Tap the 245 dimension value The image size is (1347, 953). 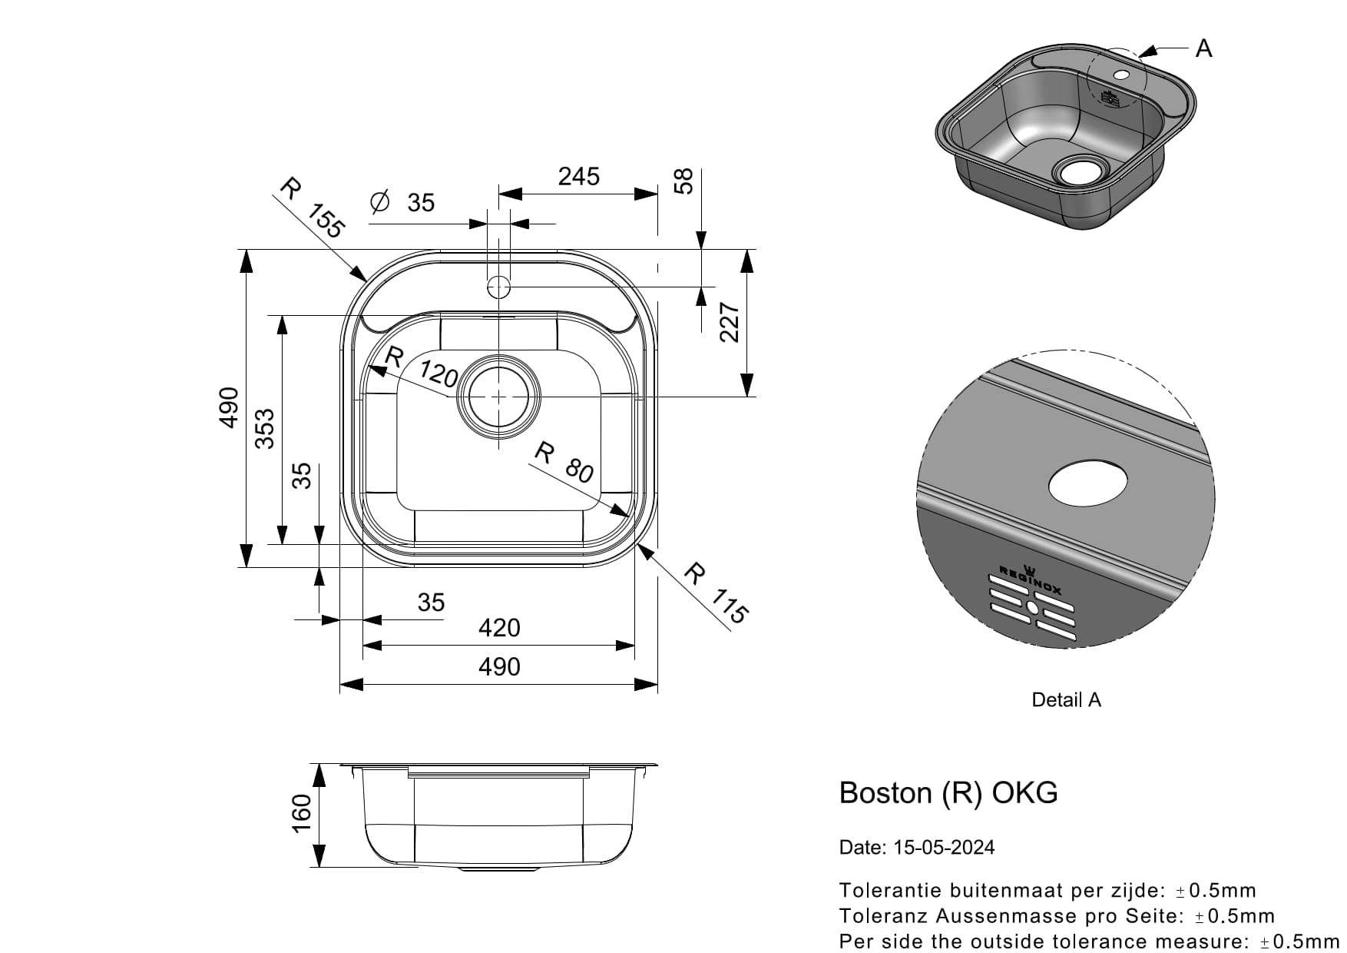click(578, 177)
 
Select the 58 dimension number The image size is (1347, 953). click(683, 181)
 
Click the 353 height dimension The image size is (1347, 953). click(264, 429)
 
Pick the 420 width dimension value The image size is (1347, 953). click(499, 628)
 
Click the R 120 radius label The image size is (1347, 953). click(422, 367)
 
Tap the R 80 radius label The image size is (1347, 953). click(564, 462)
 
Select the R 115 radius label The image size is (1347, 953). click(716, 593)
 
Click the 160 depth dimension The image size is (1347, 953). click(301, 812)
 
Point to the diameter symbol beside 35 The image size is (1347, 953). click(380, 202)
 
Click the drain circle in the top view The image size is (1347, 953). click(499, 397)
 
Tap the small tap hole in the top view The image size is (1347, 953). click(499, 287)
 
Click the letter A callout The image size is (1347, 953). click(1203, 48)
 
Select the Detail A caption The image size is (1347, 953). click(1066, 699)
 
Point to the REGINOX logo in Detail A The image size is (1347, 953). click(1030, 580)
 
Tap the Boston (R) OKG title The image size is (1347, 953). click(948, 792)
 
